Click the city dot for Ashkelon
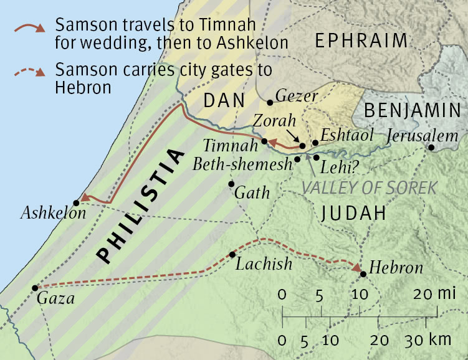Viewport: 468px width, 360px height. [76, 202]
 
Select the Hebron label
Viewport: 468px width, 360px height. [396, 268]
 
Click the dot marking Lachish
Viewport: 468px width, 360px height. [232, 254]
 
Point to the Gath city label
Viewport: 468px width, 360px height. [252, 192]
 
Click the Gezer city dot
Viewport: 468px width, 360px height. [270, 102]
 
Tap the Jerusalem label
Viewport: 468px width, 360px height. [423, 136]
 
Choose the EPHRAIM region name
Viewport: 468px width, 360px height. [361, 42]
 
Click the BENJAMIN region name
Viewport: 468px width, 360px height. [411, 111]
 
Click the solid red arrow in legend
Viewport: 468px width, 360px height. [29, 28]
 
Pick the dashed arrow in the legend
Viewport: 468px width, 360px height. [29, 71]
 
